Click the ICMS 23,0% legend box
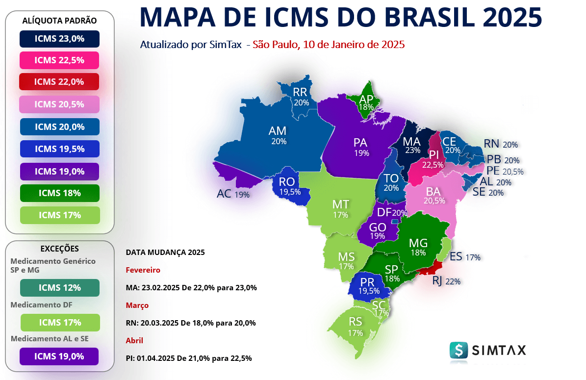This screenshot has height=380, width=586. [x=59, y=39]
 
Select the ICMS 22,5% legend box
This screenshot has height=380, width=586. [x=59, y=60]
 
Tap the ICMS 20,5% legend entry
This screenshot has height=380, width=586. [x=59, y=104]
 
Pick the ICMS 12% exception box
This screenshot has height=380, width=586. [x=59, y=287]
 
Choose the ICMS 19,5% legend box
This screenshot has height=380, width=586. [x=59, y=149]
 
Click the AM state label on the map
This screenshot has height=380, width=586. [x=278, y=131]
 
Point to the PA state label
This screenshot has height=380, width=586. [x=360, y=142]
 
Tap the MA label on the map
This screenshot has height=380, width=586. [x=411, y=141]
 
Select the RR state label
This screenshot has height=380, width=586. [x=300, y=92]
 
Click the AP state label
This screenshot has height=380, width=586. [x=366, y=99]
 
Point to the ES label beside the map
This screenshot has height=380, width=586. [x=456, y=256]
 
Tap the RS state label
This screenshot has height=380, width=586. [x=355, y=322]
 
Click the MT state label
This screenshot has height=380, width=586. [x=340, y=204]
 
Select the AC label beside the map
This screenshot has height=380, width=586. [x=224, y=194]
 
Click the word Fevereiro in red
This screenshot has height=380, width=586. [x=143, y=270]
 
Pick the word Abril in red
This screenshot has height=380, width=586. [x=134, y=340]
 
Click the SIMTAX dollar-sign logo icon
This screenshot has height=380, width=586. [x=459, y=350]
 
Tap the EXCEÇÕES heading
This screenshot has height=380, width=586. [x=59, y=249]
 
